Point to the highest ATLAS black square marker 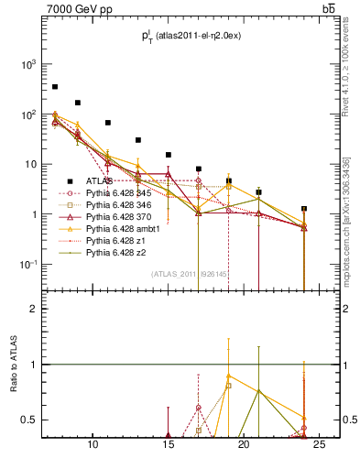click(55, 87)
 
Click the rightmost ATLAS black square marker click(304, 209)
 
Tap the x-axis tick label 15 click(168, 445)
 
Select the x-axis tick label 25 click(320, 445)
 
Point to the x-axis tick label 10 click(93, 445)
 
